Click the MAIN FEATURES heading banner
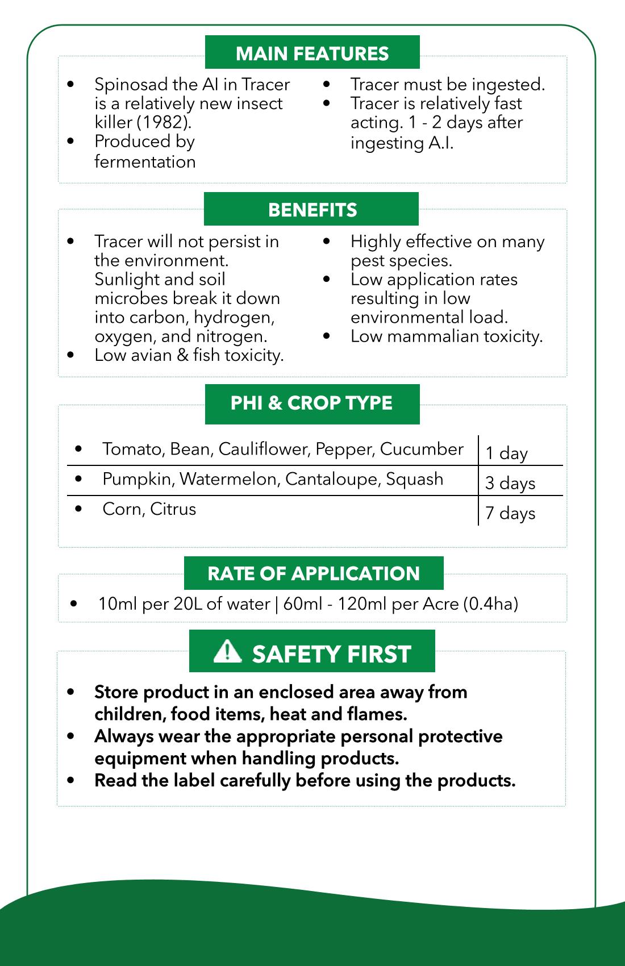[x=312, y=53]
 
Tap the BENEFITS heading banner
[x=312, y=210]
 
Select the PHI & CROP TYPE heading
[x=311, y=403]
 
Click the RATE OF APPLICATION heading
[x=314, y=573]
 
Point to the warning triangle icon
[x=227, y=651]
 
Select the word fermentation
[x=145, y=162]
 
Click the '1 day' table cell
[x=506, y=453]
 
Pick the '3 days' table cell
[x=510, y=483]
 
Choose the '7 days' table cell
[x=510, y=513]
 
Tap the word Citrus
[x=173, y=509]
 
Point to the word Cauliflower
[x=264, y=449]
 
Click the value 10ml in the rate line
[x=117, y=603]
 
